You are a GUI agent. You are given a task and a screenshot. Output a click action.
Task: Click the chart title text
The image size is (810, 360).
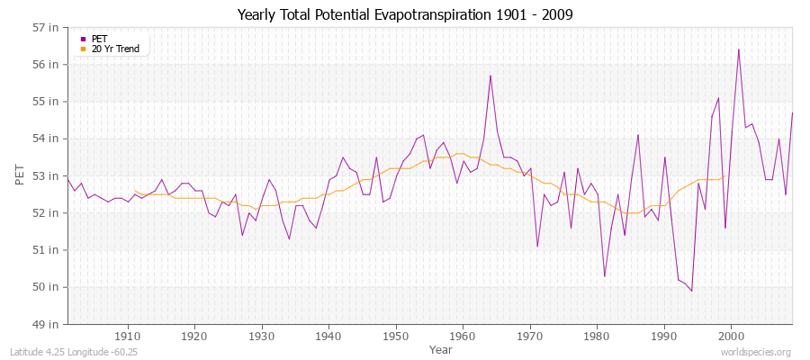click(404, 14)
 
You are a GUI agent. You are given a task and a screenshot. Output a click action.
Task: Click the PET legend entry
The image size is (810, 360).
click(99, 39)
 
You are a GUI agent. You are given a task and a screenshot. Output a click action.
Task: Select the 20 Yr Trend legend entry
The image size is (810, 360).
click(115, 49)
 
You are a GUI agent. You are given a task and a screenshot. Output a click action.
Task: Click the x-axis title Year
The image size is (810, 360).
click(441, 348)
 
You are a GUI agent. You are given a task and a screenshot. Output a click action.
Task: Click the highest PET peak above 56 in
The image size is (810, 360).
click(739, 49)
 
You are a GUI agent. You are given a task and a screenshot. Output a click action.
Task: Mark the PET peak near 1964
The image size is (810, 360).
click(490, 76)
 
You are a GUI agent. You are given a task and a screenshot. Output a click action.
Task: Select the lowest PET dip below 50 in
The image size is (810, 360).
click(691, 291)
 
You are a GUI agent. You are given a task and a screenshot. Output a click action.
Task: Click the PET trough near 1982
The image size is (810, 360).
click(604, 275)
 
